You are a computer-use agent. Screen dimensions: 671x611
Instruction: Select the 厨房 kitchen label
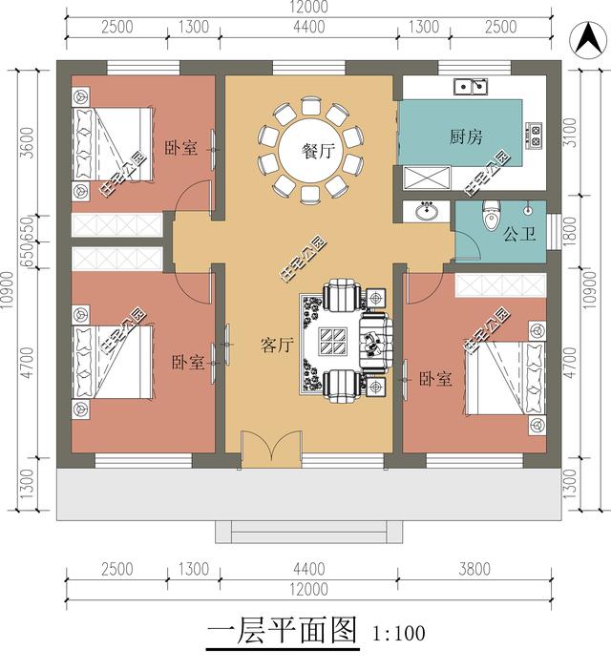[465, 137]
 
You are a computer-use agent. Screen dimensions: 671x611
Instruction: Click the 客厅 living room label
[276, 344]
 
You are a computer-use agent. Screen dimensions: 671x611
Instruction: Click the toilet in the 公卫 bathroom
[493, 215]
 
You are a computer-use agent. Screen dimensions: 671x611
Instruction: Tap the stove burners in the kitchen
[533, 136]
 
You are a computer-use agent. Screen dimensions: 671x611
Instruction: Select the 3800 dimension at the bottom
[474, 570]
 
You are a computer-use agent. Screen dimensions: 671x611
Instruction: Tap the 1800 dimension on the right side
[570, 229]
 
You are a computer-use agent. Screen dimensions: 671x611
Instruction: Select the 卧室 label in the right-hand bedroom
[435, 379]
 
